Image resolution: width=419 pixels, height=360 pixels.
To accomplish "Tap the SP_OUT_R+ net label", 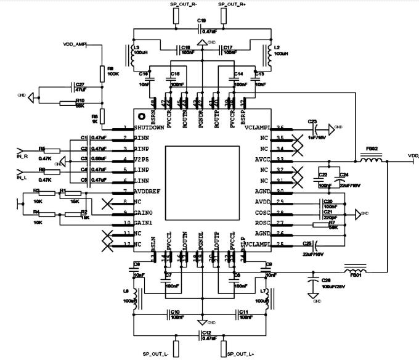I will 232,4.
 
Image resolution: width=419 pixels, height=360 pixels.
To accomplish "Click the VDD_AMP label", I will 75,44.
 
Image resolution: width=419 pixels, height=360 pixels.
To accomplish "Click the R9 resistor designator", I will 110,68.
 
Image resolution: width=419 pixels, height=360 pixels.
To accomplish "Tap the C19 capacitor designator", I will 201,21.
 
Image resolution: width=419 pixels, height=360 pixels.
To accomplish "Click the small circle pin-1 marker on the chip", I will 141,117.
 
